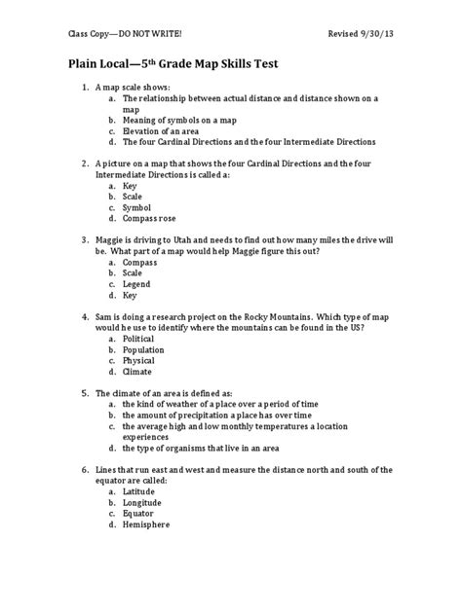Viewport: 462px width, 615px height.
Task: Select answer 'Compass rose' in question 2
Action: pyautogui.click(x=150, y=217)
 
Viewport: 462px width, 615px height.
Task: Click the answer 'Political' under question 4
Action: pyautogui.click(x=138, y=338)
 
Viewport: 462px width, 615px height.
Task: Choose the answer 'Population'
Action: pyautogui.click(x=144, y=348)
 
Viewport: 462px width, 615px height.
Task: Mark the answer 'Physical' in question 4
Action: pyautogui.click(x=140, y=360)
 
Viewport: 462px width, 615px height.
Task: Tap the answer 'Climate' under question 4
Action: pyautogui.click(x=138, y=371)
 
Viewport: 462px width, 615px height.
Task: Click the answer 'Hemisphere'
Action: pyautogui.click(x=146, y=524)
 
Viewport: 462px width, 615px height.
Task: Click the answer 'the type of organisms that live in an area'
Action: pyautogui.click(x=212, y=448)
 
